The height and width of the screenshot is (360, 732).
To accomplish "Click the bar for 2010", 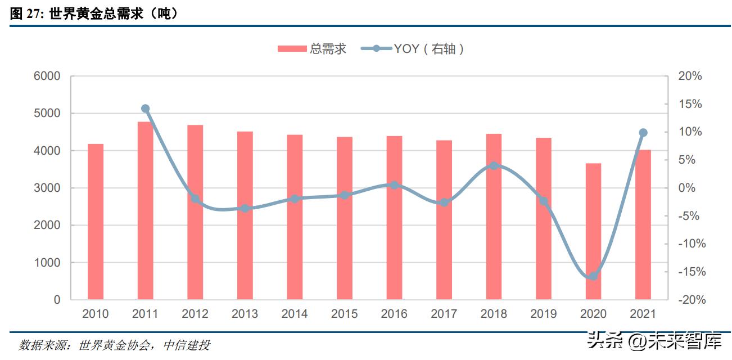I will click(x=96, y=222).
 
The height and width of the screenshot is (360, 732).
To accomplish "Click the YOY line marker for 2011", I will click(x=145, y=109).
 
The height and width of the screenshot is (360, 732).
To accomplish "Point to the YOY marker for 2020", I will click(x=593, y=276).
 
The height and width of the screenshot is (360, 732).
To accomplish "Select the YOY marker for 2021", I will click(x=643, y=133).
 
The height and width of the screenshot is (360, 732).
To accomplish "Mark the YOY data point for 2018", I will click(x=494, y=166).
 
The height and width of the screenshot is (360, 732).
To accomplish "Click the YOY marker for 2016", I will click(x=394, y=185).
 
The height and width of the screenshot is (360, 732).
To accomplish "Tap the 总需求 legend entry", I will click(x=312, y=49).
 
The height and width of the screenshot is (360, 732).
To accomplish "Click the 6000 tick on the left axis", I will click(x=49, y=76).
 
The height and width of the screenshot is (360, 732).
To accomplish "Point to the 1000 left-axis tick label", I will click(x=49, y=263).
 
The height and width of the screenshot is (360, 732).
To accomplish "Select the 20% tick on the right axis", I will click(x=690, y=76).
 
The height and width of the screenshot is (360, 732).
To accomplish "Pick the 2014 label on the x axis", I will click(x=295, y=314).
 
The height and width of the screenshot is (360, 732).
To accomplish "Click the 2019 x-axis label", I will click(x=544, y=314).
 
